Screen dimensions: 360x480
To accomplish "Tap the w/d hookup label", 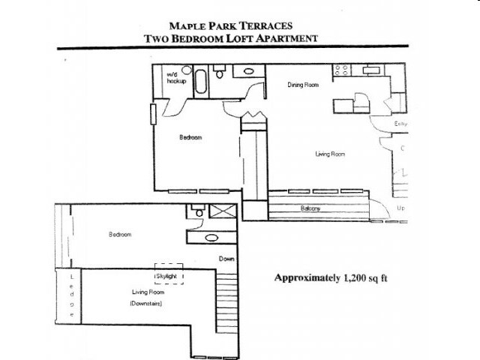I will [175, 78].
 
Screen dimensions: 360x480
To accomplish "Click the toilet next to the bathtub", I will [219, 73].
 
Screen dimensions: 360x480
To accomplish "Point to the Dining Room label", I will [303, 85].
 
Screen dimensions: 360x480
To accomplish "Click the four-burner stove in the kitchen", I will [342, 71].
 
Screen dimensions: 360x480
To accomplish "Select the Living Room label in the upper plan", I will [329, 154].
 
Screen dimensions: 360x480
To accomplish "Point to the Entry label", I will [400, 123].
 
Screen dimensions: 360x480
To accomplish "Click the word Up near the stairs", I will [400, 208].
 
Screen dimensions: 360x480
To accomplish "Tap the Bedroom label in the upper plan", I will [190, 137].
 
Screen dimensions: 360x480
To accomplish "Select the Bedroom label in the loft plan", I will [120, 235].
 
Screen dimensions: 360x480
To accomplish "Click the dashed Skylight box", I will [169, 272].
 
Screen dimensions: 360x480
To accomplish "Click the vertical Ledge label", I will [72, 295].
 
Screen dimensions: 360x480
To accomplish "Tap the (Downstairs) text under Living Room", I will [145, 304].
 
